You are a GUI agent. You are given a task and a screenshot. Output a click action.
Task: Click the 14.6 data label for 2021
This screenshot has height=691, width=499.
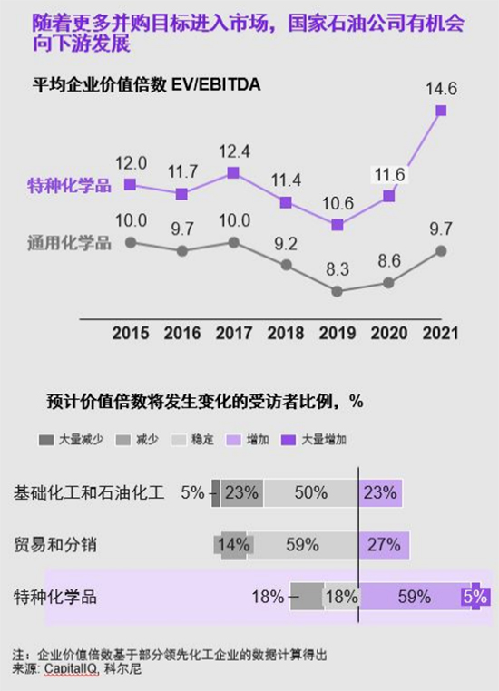click(x=441, y=89)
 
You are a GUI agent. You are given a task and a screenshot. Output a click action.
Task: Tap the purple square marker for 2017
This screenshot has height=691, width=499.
click(x=234, y=172)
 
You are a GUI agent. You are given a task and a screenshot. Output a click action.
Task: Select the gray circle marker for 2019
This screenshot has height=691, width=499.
click(x=338, y=291)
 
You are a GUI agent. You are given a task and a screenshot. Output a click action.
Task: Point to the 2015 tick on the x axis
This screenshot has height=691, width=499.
click(x=131, y=333)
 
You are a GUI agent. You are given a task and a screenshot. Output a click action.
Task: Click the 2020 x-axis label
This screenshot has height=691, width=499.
click(x=389, y=333)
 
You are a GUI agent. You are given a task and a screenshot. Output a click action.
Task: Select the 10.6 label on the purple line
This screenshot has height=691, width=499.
click(x=338, y=202)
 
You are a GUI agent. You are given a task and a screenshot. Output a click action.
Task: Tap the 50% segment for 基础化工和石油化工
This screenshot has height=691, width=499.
click(x=311, y=493)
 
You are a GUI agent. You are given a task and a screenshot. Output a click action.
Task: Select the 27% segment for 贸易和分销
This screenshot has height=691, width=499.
click(x=385, y=545)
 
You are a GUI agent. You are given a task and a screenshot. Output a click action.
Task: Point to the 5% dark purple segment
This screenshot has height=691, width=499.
click(x=475, y=597)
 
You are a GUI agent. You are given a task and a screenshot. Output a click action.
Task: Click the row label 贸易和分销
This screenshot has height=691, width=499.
click(x=55, y=545)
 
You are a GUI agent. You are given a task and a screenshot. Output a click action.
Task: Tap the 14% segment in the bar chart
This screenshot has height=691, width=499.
click(x=234, y=545)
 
